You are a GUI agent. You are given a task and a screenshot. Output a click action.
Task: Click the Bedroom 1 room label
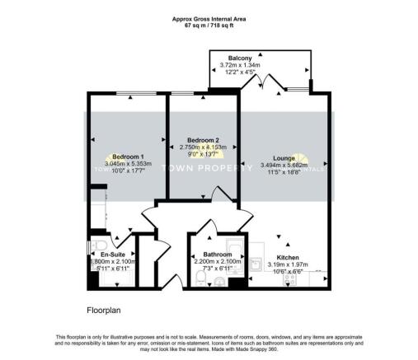[128, 157]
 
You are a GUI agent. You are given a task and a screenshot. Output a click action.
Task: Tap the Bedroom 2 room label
[201, 139]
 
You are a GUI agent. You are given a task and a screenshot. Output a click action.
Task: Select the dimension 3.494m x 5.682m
[284, 165]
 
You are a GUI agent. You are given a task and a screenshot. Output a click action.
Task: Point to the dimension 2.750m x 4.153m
[201, 147]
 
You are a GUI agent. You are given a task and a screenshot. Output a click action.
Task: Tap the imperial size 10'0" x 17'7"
[128, 171]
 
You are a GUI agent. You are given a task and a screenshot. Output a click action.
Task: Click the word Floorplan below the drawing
[106, 311]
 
